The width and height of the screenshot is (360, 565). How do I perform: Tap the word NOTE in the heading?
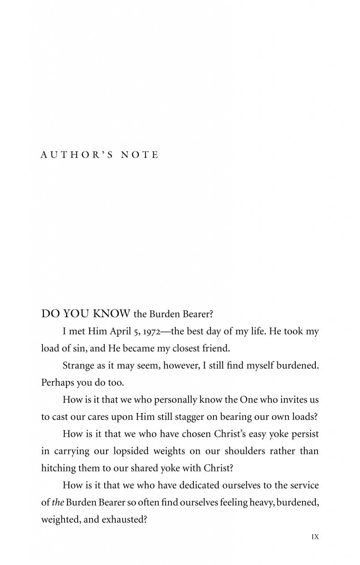tap(140, 154)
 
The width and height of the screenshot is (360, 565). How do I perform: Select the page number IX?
tap(315, 537)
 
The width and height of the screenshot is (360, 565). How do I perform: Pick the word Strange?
tap(78, 365)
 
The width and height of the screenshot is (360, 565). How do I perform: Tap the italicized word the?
tap(58, 502)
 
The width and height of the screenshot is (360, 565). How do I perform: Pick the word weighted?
tap(59, 520)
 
